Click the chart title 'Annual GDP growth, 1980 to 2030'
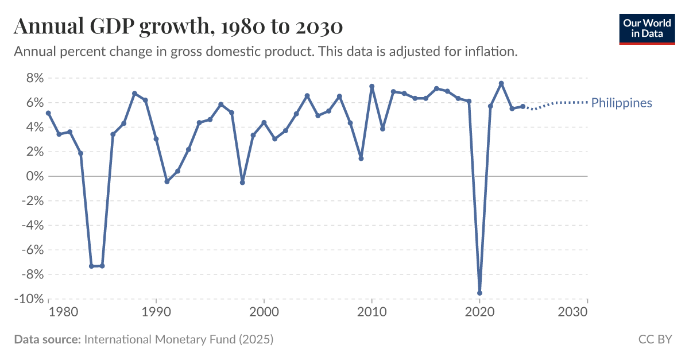coord(178,26)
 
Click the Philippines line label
coord(621,103)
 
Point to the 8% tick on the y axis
coord(33,78)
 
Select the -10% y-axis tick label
coord(29,299)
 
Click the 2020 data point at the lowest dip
coord(479,293)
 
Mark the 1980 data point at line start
coord(48,113)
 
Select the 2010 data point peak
coord(372,87)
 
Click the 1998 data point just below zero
coord(242,183)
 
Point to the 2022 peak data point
coord(501,83)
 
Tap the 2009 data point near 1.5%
coord(361,158)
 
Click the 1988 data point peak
coord(134,94)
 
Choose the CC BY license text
coord(655,339)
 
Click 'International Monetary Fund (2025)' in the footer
coord(179,339)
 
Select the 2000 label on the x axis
coord(264,312)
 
